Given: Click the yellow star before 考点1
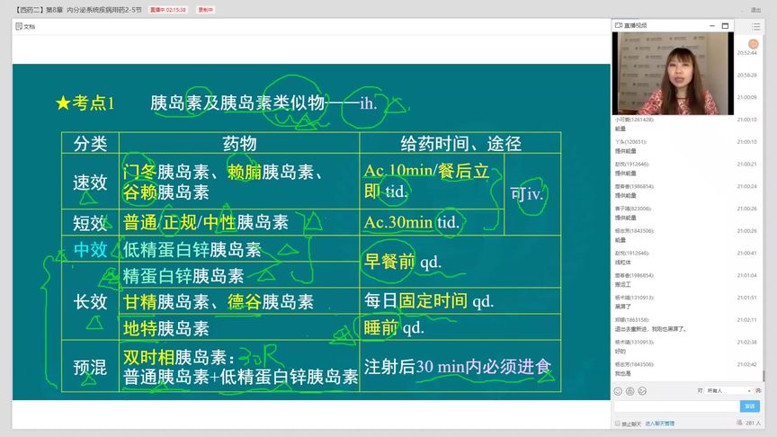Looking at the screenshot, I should click(63, 103).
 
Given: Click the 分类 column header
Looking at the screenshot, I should click(90, 144).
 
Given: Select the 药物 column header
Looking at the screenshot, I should click(239, 144).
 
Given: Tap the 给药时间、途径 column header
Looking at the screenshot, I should click(460, 144).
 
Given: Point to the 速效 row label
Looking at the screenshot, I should click(90, 183).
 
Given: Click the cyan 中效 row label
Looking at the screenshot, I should click(90, 249).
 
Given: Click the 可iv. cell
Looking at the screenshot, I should click(528, 192).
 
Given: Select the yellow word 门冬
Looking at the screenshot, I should click(139, 172).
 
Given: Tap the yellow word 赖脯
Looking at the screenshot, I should click(245, 172).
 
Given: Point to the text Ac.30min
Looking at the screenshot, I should click(398, 222).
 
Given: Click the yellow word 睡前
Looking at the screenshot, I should click(381, 328).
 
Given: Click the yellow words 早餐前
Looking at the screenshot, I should click(389, 262).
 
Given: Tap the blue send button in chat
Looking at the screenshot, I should click(749, 406).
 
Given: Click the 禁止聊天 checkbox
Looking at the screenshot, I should click(617, 424).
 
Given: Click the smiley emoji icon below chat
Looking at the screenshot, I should click(618, 391).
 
